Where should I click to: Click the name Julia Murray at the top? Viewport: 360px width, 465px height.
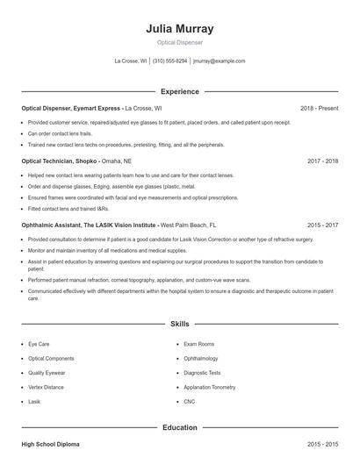point(180,29)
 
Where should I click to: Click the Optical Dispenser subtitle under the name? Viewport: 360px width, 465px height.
point(180,43)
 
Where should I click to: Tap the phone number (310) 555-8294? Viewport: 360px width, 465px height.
point(170,61)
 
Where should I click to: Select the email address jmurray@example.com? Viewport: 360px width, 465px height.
point(220,61)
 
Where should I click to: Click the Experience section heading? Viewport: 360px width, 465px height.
point(180,91)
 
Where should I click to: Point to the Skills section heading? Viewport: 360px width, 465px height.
point(180,324)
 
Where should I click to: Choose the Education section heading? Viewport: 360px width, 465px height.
point(180,427)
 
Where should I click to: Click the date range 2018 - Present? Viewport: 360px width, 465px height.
point(319,108)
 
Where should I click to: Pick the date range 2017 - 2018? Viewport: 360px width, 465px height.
point(321,161)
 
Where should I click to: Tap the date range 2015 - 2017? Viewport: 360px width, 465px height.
point(321,225)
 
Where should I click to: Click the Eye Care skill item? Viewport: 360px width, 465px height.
point(40,344)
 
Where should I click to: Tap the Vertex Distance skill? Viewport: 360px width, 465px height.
point(46,386)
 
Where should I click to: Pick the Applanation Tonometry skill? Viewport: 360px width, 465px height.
point(210,386)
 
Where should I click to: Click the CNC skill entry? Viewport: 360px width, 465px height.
point(190,400)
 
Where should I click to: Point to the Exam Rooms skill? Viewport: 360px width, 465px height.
point(199,344)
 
